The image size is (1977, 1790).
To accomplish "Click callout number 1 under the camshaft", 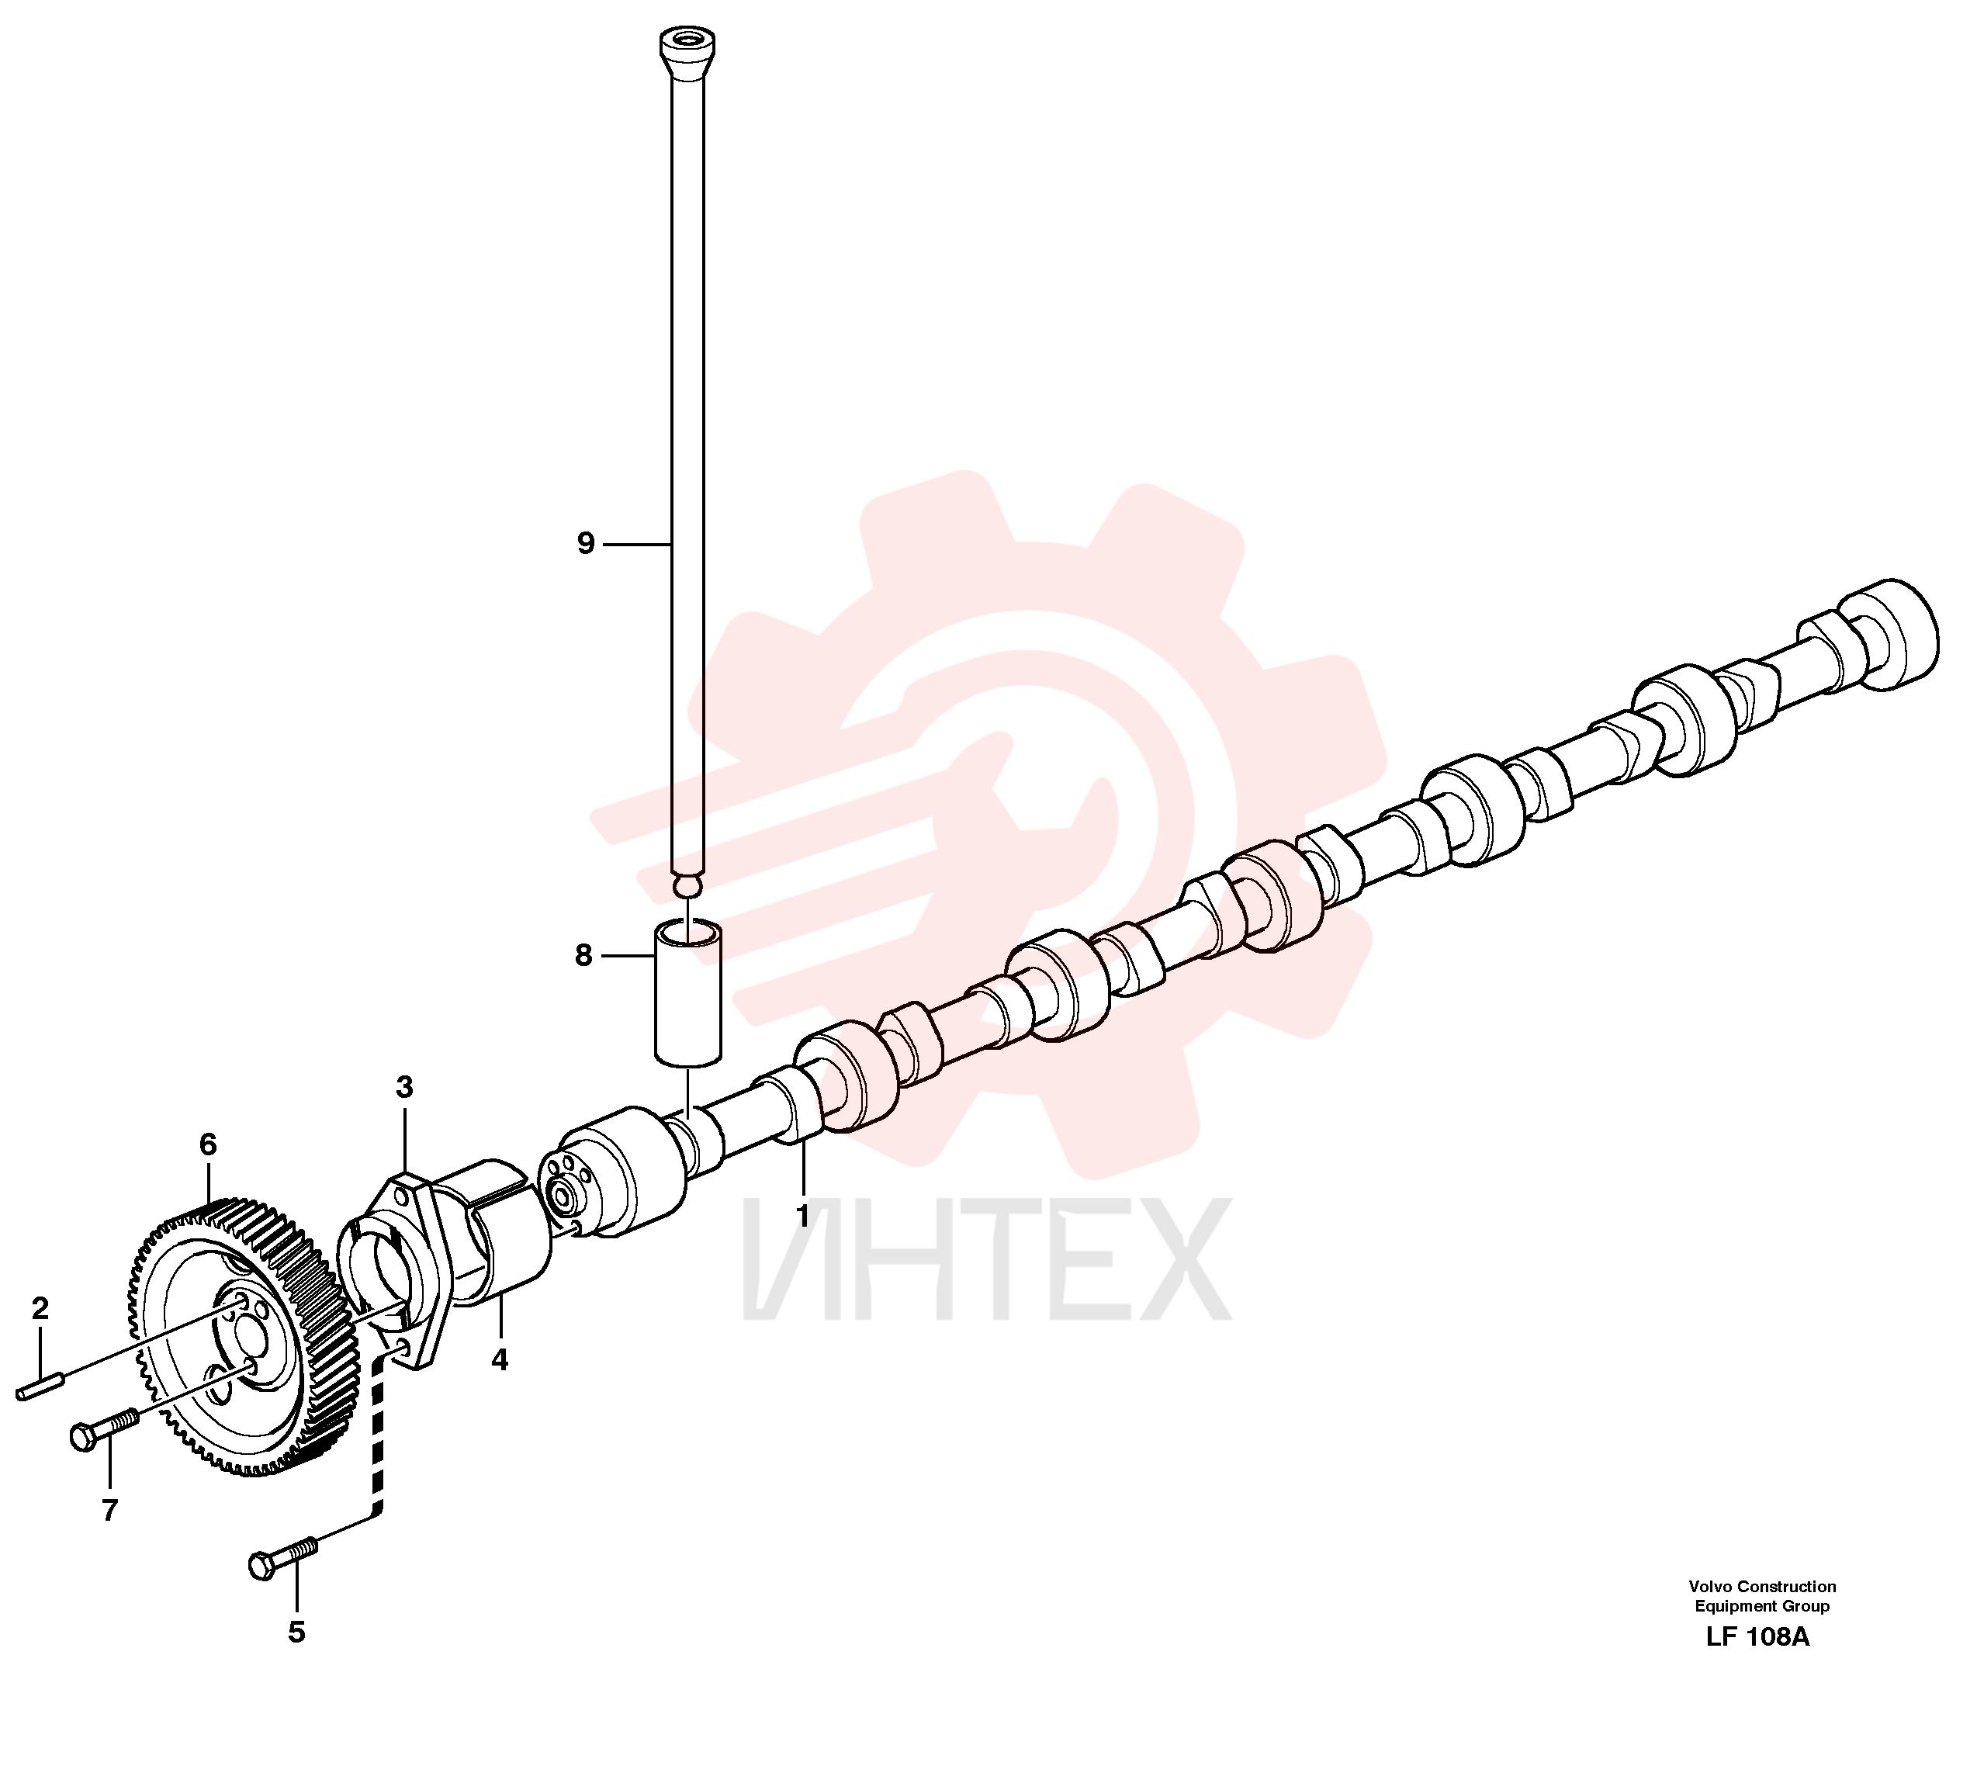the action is coord(802,1216).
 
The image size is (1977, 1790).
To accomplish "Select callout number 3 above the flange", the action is coord(404,1087).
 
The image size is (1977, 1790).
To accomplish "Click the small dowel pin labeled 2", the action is coord(40,1388).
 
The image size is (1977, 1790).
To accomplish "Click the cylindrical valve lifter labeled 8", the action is coord(687,992).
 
